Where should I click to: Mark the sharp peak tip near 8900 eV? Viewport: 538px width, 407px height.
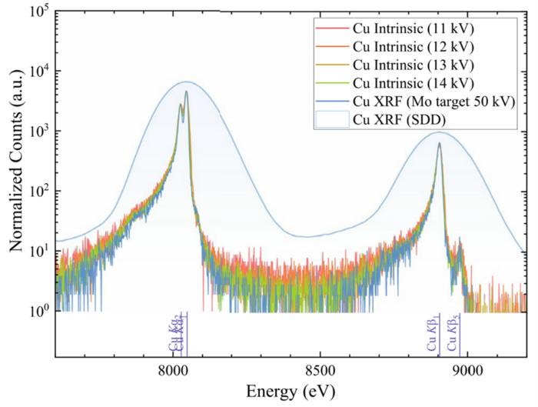coord(439,143)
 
